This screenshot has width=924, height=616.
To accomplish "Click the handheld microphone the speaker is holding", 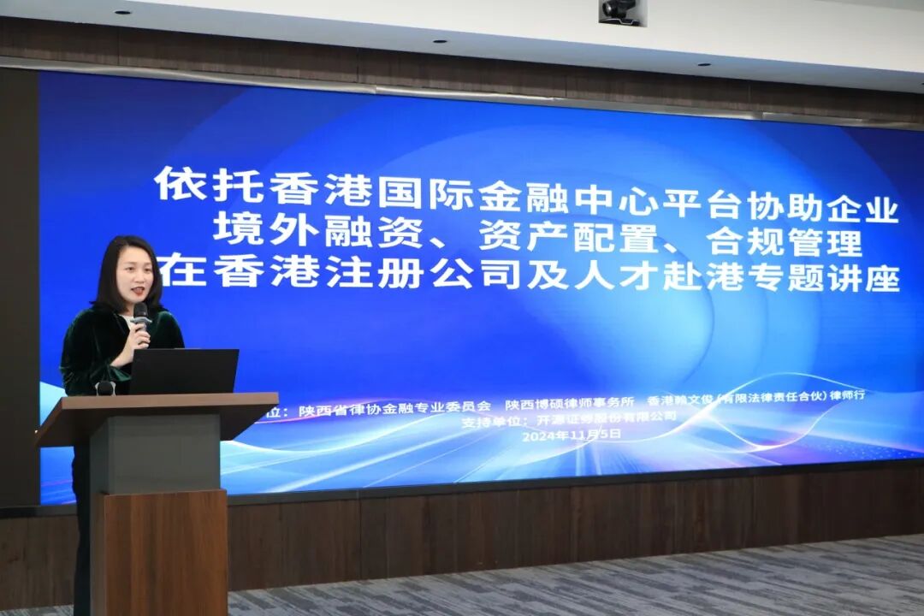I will click(x=140, y=314).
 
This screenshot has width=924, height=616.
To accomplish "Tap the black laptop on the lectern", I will click(x=183, y=371).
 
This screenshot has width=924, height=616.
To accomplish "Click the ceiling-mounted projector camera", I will click(x=618, y=11).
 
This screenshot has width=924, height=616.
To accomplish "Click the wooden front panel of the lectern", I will click(x=163, y=552).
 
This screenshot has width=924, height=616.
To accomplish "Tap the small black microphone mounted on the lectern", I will click(x=105, y=388).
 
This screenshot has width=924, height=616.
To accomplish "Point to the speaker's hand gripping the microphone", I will click(x=137, y=331).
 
